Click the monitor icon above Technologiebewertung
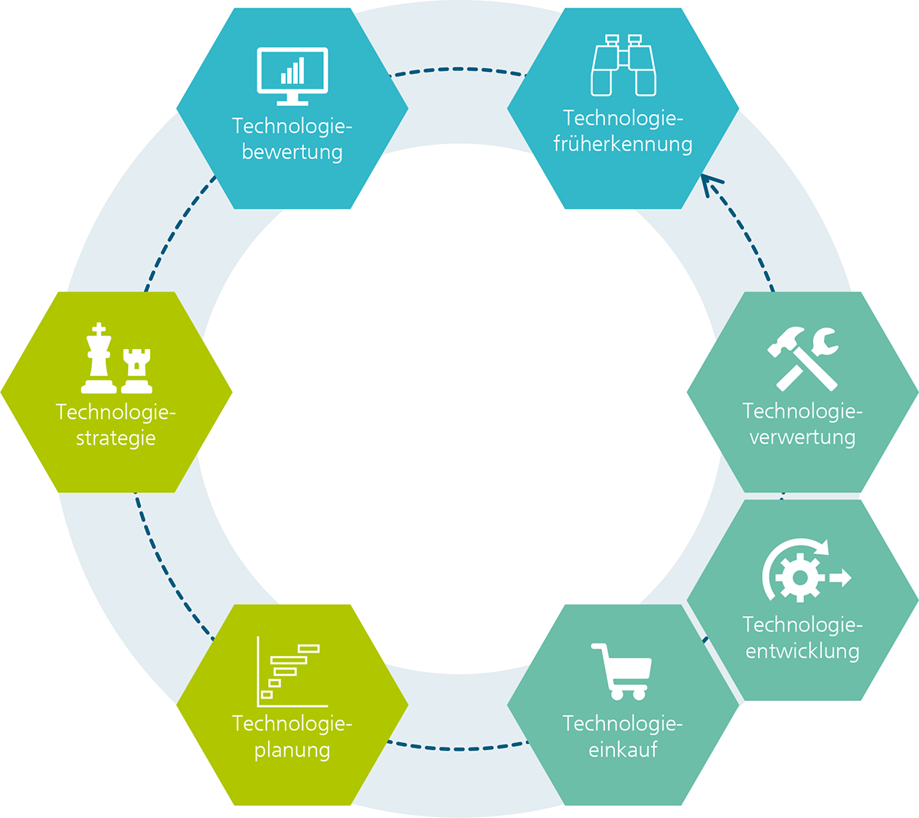coord(293,75)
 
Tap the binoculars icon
coord(623,67)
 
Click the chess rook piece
coord(137,370)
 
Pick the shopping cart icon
coord(622,671)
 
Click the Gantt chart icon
coord(291,672)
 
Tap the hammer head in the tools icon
coord(785,341)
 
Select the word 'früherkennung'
coord(623,145)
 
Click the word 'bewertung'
coord(292,152)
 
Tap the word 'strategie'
coord(116,438)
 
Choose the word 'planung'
coord(292,750)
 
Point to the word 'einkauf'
coord(623,750)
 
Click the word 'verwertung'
coord(802,438)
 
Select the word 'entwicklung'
coord(802,651)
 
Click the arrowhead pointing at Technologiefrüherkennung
coord(710,184)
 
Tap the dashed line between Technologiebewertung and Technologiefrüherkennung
coord(458,70)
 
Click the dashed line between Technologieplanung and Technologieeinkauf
coord(458,748)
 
